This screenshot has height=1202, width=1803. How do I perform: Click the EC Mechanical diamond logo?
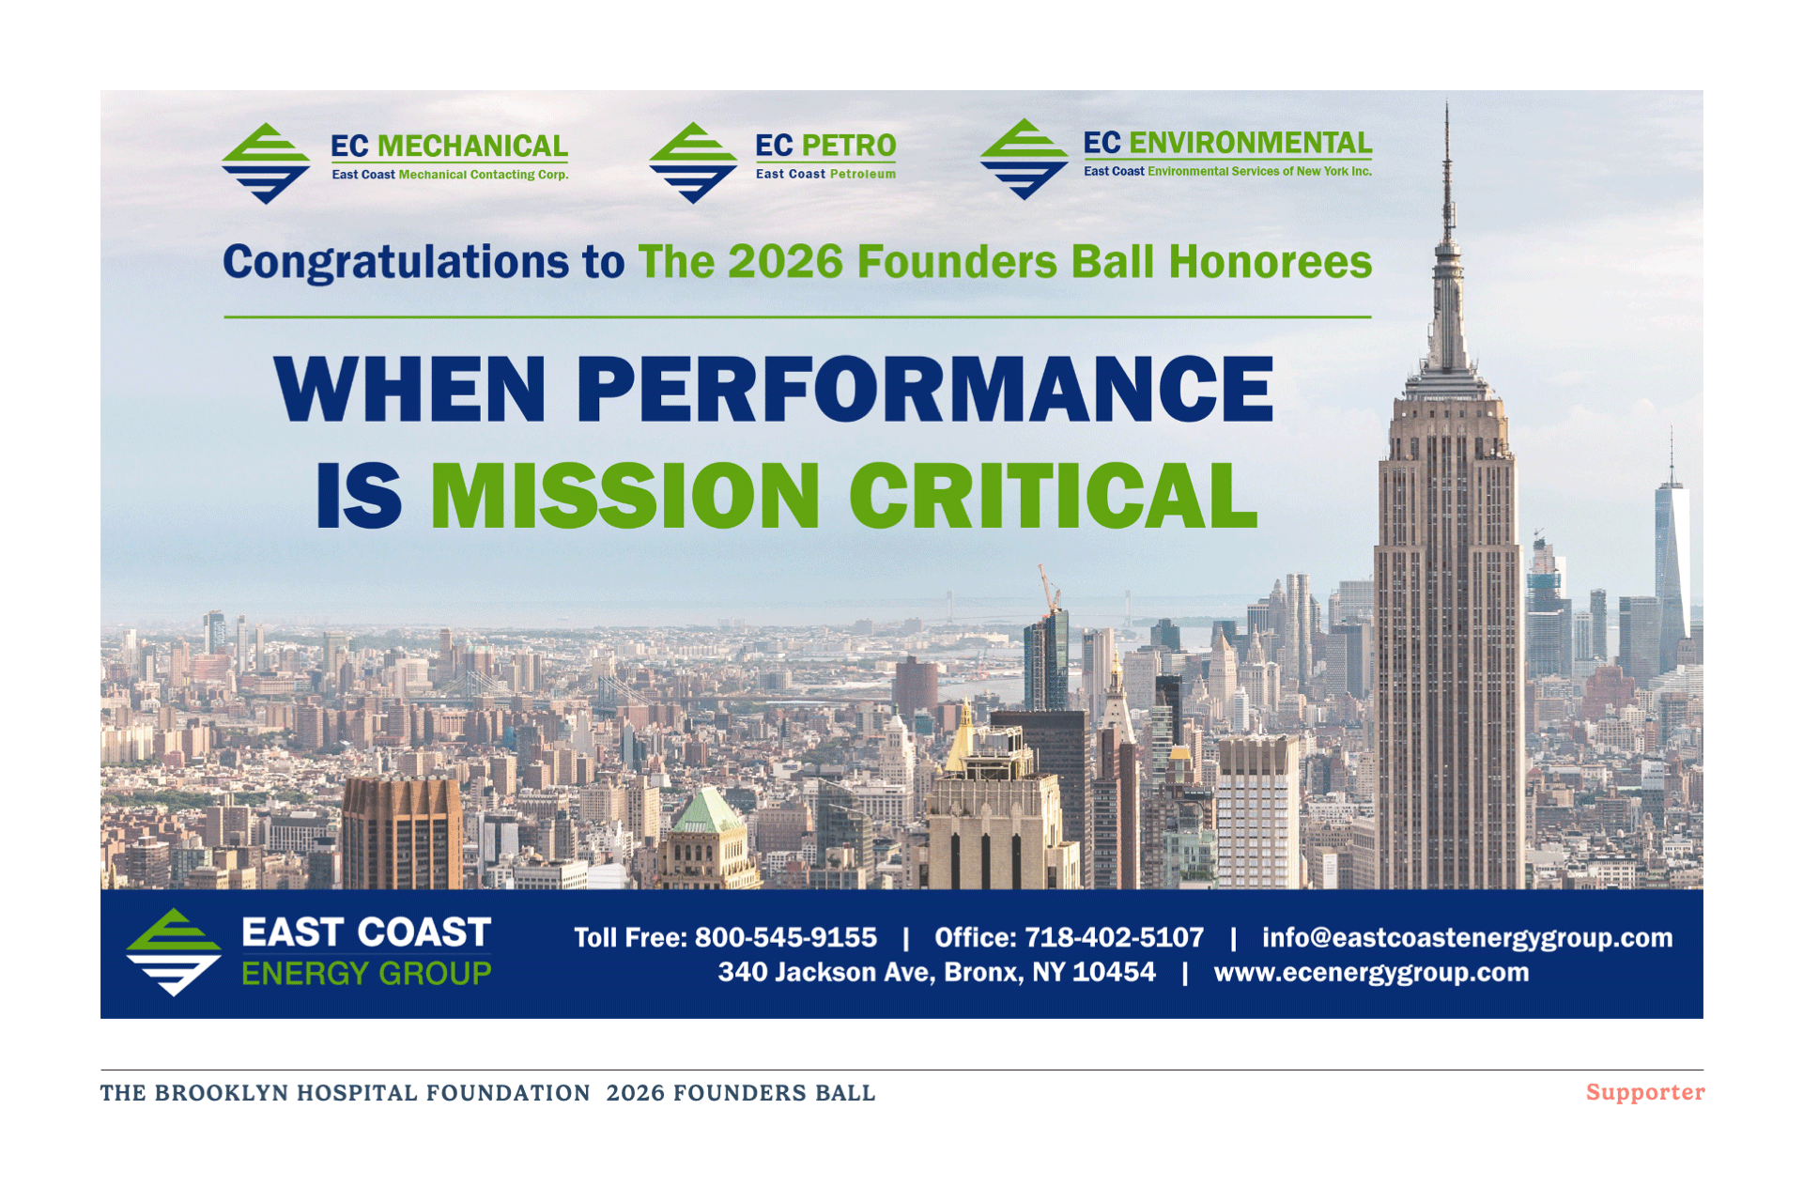[x=266, y=163]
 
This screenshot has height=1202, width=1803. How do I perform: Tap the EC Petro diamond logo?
[x=693, y=162]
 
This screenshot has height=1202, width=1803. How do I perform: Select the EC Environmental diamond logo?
[x=1024, y=159]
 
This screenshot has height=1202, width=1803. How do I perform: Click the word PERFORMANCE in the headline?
[x=925, y=389]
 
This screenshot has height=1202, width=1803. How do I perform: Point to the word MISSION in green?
[x=624, y=495]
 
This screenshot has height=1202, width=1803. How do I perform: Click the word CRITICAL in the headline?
[x=1053, y=495]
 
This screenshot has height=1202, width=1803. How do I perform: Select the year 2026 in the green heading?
[x=785, y=261]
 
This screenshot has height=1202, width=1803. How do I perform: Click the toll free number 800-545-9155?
[x=786, y=937]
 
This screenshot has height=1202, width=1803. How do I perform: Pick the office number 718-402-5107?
[x=1114, y=937]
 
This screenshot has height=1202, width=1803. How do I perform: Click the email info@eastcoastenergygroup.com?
[x=1467, y=938]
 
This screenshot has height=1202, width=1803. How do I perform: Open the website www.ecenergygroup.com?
[x=1371, y=973]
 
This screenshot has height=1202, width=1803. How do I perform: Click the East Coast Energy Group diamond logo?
[x=174, y=951]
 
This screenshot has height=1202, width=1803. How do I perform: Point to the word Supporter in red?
[x=1645, y=1092]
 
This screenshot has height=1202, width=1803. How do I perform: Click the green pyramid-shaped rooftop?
[x=707, y=811]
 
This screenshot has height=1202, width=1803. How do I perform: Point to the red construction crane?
[x=1049, y=590]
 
